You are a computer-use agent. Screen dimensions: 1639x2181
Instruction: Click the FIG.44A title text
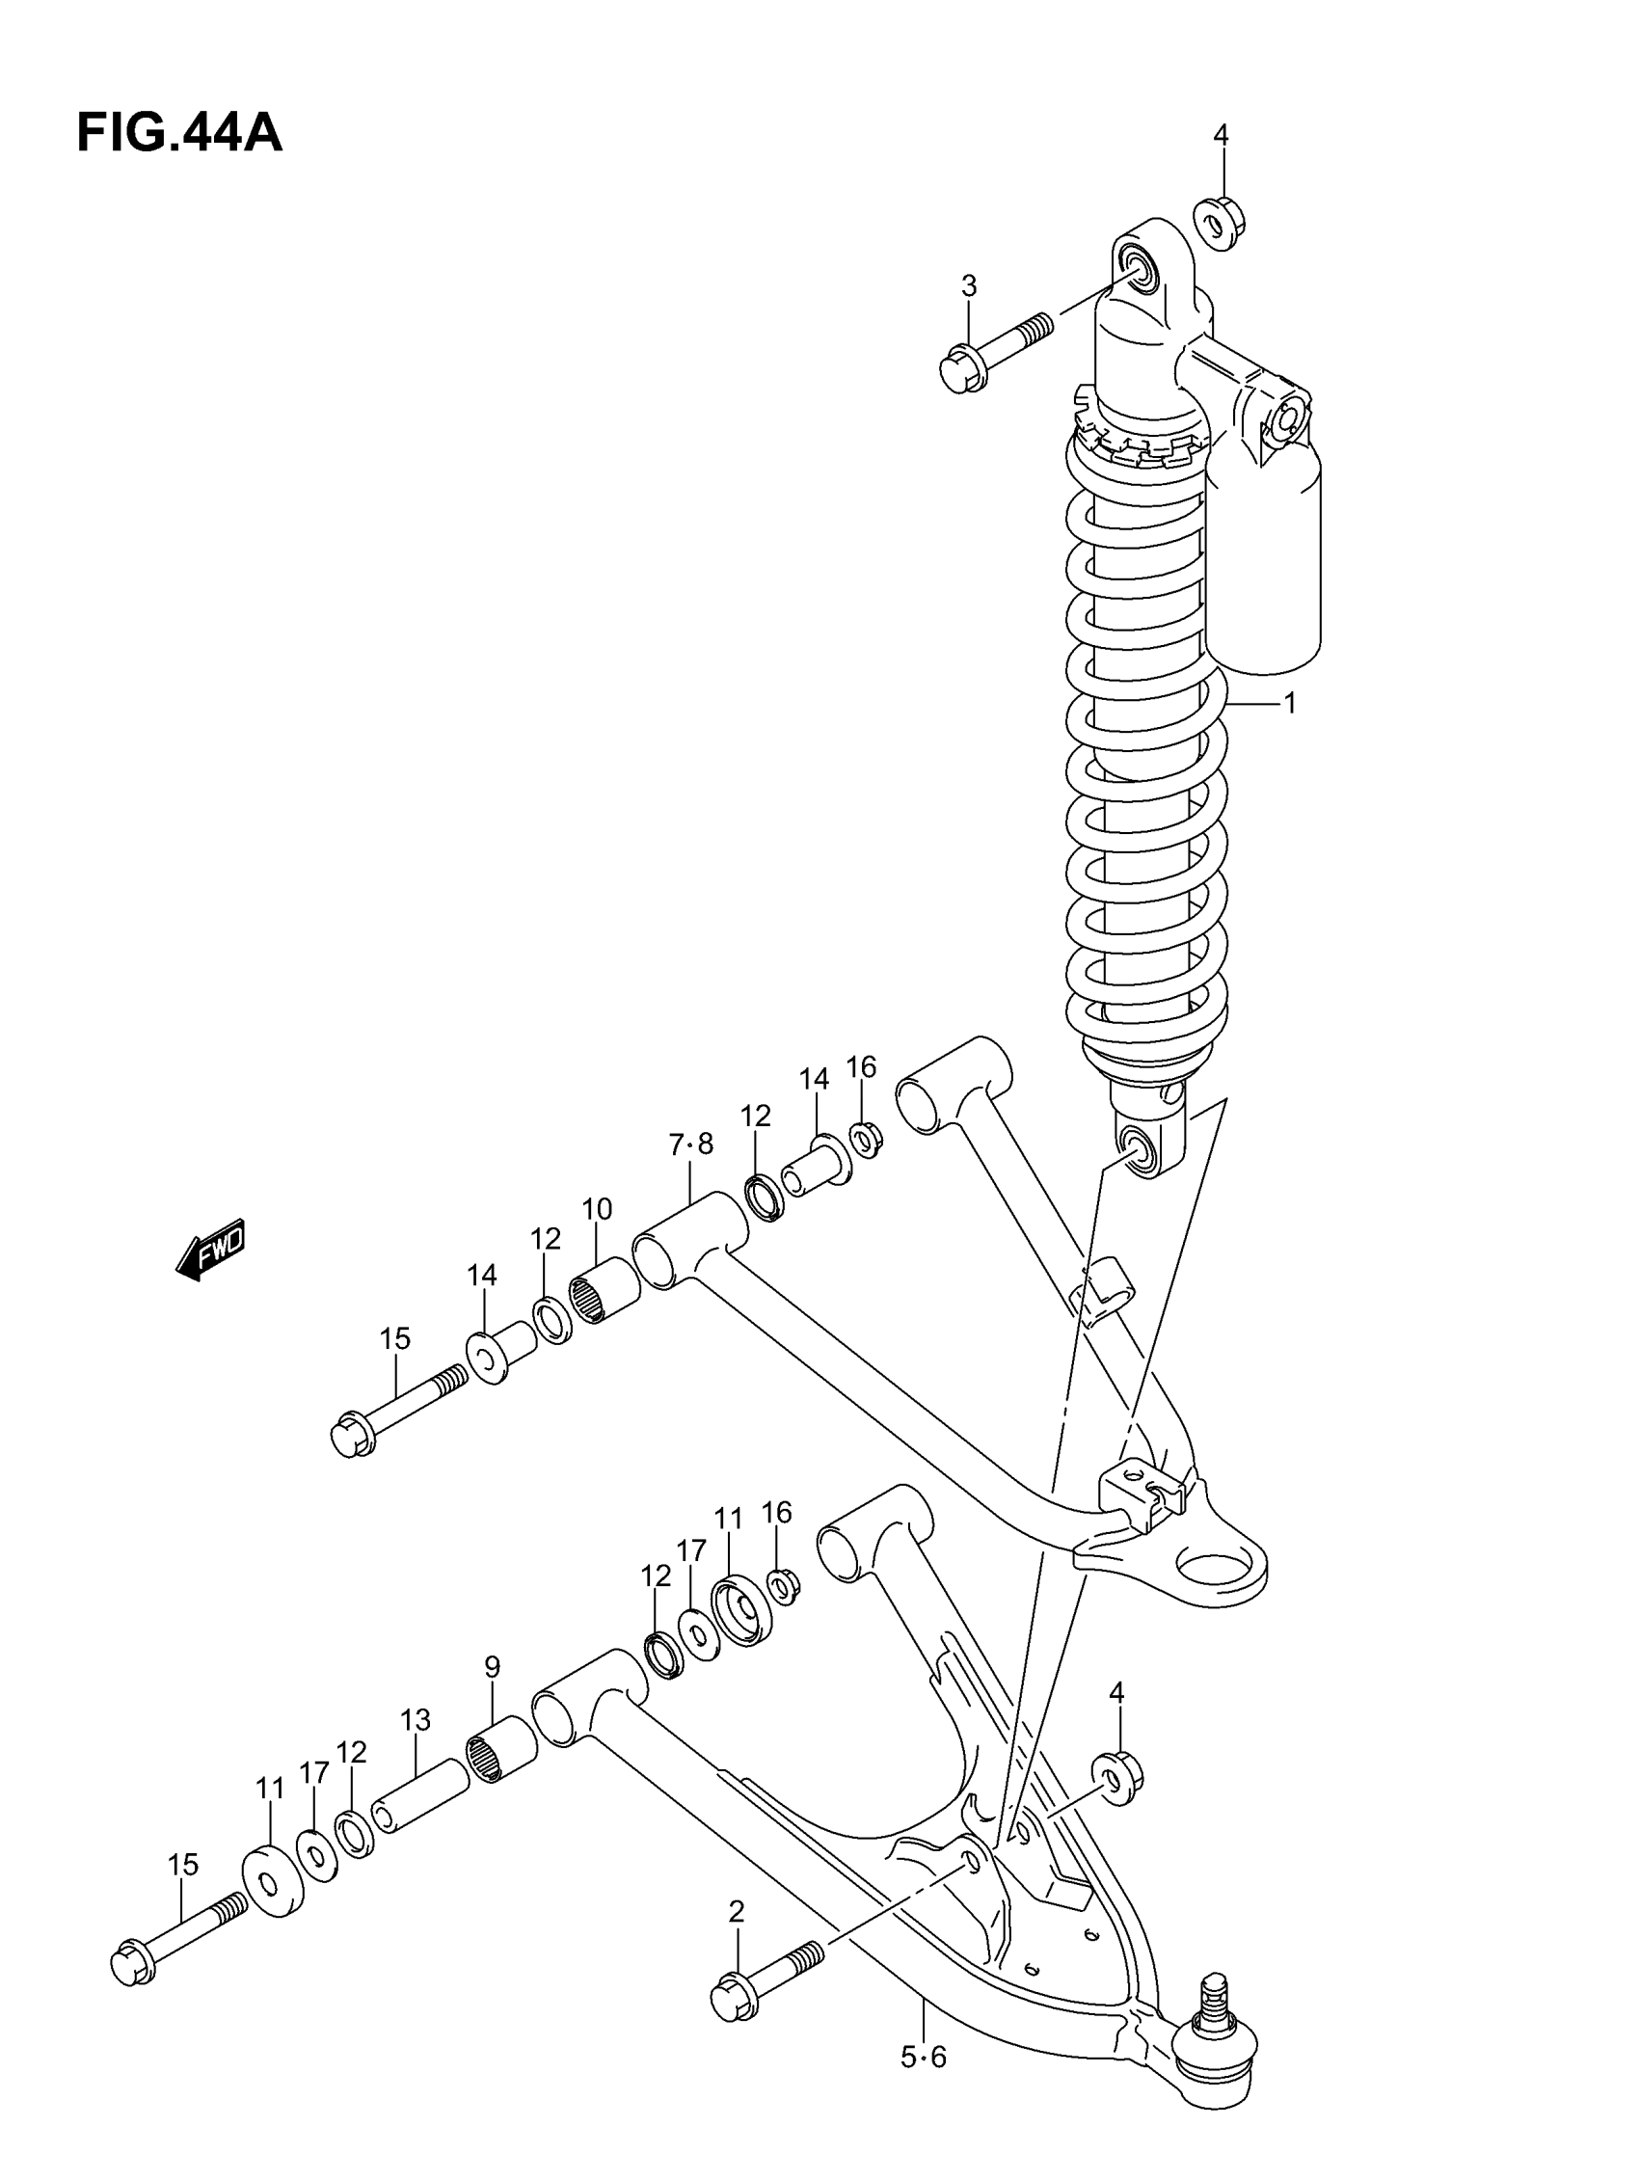[179, 134]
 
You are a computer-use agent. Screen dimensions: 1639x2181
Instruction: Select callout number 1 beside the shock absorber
[1289, 703]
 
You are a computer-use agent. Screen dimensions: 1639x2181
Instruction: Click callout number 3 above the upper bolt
[968, 286]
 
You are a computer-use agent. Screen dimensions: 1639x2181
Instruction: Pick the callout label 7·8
[690, 1144]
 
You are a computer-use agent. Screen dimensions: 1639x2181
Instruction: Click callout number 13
[416, 1719]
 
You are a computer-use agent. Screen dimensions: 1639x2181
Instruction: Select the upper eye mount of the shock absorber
[1146, 266]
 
